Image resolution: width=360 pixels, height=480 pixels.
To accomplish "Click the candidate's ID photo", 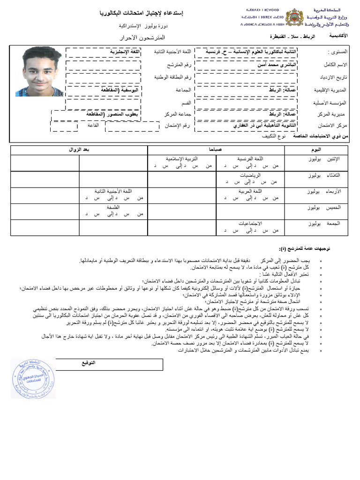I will (x=38, y=71).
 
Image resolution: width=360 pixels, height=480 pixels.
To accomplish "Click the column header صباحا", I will (x=216, y=150).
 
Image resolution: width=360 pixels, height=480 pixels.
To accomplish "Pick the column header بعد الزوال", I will (x=79, y=150).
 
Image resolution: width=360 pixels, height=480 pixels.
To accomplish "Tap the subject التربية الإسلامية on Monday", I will (x=182, y=159).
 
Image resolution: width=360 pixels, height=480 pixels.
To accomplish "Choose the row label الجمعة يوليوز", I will (x=322, y=224).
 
